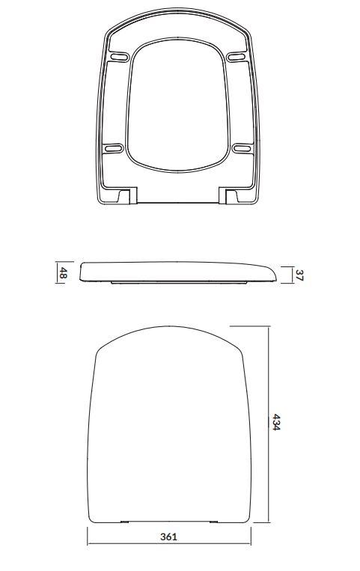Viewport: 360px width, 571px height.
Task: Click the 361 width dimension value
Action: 168,537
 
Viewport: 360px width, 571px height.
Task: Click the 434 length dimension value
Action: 276,422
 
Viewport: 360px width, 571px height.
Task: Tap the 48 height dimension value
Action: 64,272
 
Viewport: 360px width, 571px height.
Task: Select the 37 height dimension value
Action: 299,275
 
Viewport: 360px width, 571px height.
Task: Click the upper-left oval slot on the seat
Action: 120,57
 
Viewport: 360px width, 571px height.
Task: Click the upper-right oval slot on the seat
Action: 236,57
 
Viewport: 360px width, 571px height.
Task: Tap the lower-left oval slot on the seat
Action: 113,148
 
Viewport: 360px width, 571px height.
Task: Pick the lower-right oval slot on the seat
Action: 242,148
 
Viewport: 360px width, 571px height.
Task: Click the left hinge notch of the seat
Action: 128,195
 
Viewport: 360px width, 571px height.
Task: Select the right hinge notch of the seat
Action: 228,195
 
